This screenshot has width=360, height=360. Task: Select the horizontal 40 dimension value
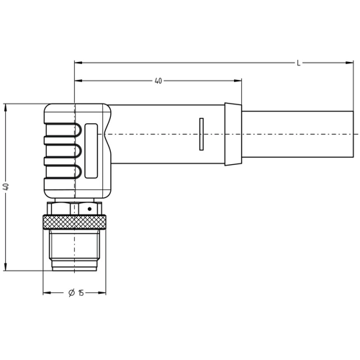pos(158,81)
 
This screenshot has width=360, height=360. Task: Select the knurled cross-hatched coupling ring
pos(74,220)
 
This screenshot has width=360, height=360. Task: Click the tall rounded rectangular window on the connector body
pos(91,151)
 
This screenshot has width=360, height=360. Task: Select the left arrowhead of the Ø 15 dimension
pos(48,293)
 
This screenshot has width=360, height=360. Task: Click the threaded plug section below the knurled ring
pos(74,248)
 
